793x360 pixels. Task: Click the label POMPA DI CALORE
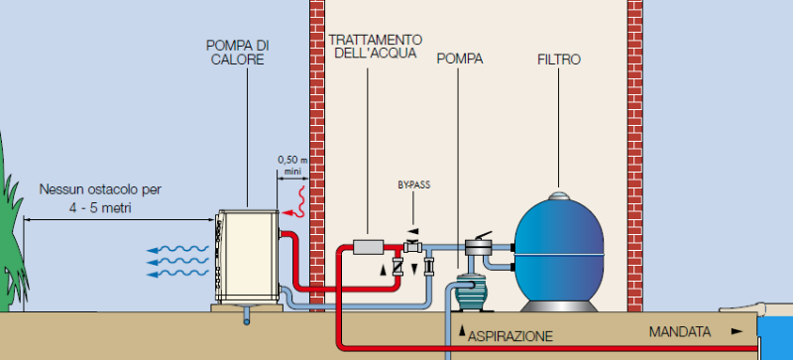click(x=238, y=53)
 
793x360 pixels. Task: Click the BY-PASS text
click(x=413, y=184)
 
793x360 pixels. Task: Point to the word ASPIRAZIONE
click(x=510, y=336)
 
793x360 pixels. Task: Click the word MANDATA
click(x=678, y=330)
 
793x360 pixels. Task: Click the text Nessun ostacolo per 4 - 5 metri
click(x=94, y=196)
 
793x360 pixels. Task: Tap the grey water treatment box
click(x=368, y=246)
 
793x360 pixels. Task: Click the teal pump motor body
click(x=476, y=294)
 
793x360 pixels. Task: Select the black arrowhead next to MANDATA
click(x=735, y=331)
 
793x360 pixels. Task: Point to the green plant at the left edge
click(x=9, y=238)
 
